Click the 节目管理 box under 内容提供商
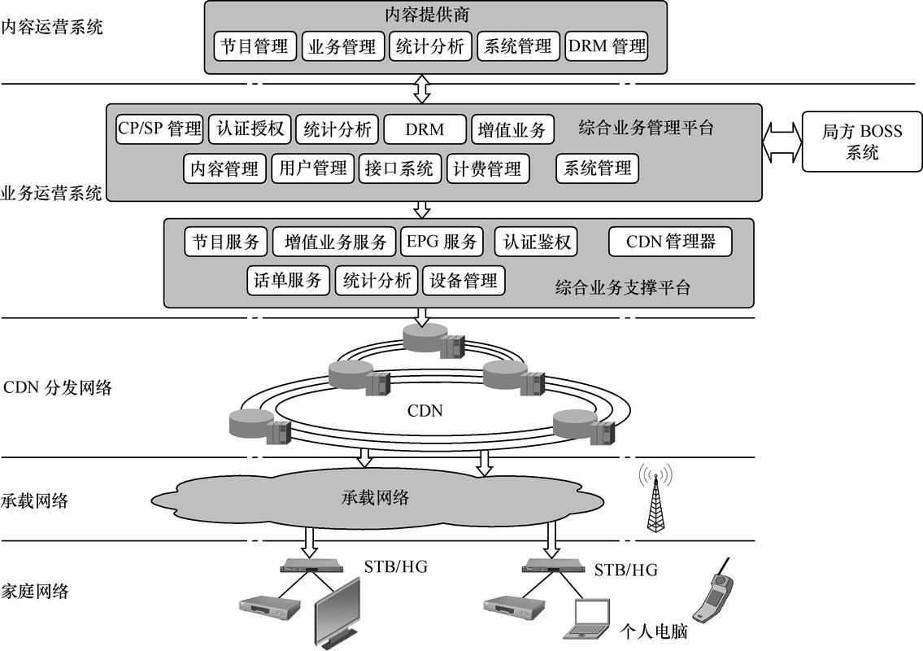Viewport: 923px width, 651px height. (255, 46)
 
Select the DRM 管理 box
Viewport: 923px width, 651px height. (607, 46)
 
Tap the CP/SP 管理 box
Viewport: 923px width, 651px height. (160, 129)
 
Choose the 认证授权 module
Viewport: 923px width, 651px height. (250, 129)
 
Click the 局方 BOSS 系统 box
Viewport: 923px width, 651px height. (862, 142)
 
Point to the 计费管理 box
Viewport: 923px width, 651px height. (487, 169)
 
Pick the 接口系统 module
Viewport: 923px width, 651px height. (399, 169)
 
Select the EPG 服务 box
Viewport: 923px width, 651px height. (442, 242)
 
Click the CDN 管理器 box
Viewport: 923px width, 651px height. (670, 242)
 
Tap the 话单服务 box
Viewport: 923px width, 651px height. (288, 281)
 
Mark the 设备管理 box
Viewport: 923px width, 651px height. (464, 281)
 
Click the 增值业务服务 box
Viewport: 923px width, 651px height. (336, 242)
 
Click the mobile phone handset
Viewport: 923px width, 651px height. (713, 591)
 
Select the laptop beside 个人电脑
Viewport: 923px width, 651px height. (586, 618)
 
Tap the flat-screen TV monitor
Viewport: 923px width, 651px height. (337, 614)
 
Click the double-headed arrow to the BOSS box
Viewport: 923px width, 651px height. (782, 142)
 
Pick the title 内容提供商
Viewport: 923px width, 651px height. (428, 15)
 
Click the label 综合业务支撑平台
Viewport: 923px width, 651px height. (622, 287)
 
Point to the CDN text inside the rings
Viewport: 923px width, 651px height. (425, 411)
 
